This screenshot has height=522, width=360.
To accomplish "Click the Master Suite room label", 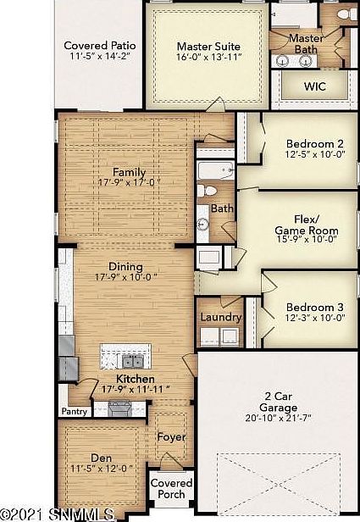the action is point(208,47).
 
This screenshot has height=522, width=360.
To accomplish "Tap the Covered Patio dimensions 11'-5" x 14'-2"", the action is point(99,56).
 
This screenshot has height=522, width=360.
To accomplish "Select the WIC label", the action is point(314,86).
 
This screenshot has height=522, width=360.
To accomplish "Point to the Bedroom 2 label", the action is point(314,144).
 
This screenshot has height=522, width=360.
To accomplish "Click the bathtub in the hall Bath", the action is point(216,170).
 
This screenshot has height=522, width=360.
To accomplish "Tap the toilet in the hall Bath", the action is point(207,192).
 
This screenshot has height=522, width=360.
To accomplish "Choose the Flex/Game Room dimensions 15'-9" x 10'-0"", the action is point(307,239).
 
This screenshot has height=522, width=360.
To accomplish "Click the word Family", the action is point(129,173).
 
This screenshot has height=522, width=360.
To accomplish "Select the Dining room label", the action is point(125,266).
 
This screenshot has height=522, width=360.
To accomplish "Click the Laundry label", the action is point(221,318).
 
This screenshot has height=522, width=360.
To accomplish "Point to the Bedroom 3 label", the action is point(315,307).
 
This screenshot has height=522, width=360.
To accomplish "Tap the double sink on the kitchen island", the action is point(132,361).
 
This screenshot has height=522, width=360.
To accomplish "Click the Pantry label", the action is point(75,412).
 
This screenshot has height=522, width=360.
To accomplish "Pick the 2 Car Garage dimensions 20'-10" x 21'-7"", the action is point(278,418).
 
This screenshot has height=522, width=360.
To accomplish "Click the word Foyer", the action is point(171,437).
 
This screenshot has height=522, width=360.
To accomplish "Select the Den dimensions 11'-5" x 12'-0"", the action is point(102,469).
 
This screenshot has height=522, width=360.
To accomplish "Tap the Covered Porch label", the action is point(171,489).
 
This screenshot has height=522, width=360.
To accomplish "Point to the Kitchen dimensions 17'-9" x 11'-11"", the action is point(136,389).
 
